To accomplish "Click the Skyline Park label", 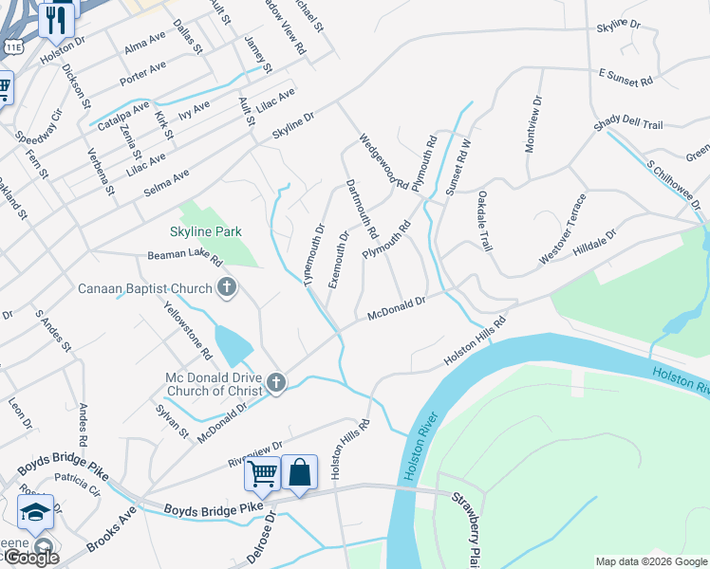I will (x=206, y=231).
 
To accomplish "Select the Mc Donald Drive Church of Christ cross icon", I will (x=276, y=382).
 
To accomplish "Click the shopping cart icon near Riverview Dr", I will (x=262, y=472).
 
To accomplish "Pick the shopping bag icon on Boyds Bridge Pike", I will (x=299, y=472).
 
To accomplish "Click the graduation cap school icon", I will (x=36, y=513).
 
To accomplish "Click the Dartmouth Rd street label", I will (x=362, y=209).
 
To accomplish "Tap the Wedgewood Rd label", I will (x=383, y=161).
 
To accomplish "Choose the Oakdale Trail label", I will (x=482, y=220).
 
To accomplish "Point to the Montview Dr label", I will (x=533, y=123).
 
